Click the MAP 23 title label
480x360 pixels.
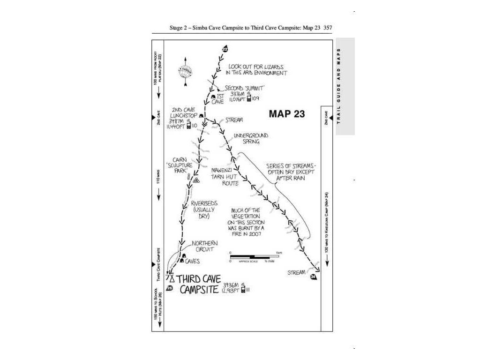286,113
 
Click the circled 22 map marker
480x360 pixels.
225,49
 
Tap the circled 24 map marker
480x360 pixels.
313,277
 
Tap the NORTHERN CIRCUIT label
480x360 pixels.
205,247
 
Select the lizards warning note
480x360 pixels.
255,70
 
